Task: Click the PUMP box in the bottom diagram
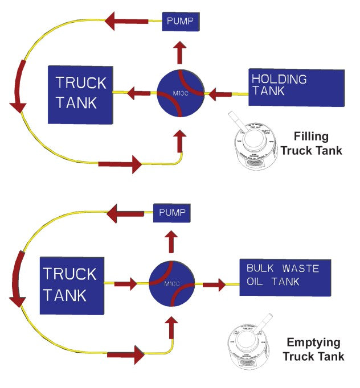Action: [x=172, y=214]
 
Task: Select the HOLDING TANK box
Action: [x=296, y=87]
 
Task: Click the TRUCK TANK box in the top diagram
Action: [x=80, y=93]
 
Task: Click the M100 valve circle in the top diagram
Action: [x=180, y=93]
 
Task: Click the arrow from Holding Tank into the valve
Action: [x=220, y=93]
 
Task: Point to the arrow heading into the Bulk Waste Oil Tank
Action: [x=214, y=283]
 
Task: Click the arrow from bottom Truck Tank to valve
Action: [x=126, y=283]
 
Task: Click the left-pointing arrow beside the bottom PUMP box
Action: [x=125, y=214]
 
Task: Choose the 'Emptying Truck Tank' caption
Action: [x=314, y=350]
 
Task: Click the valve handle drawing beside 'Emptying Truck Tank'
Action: [x=249, y=347]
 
